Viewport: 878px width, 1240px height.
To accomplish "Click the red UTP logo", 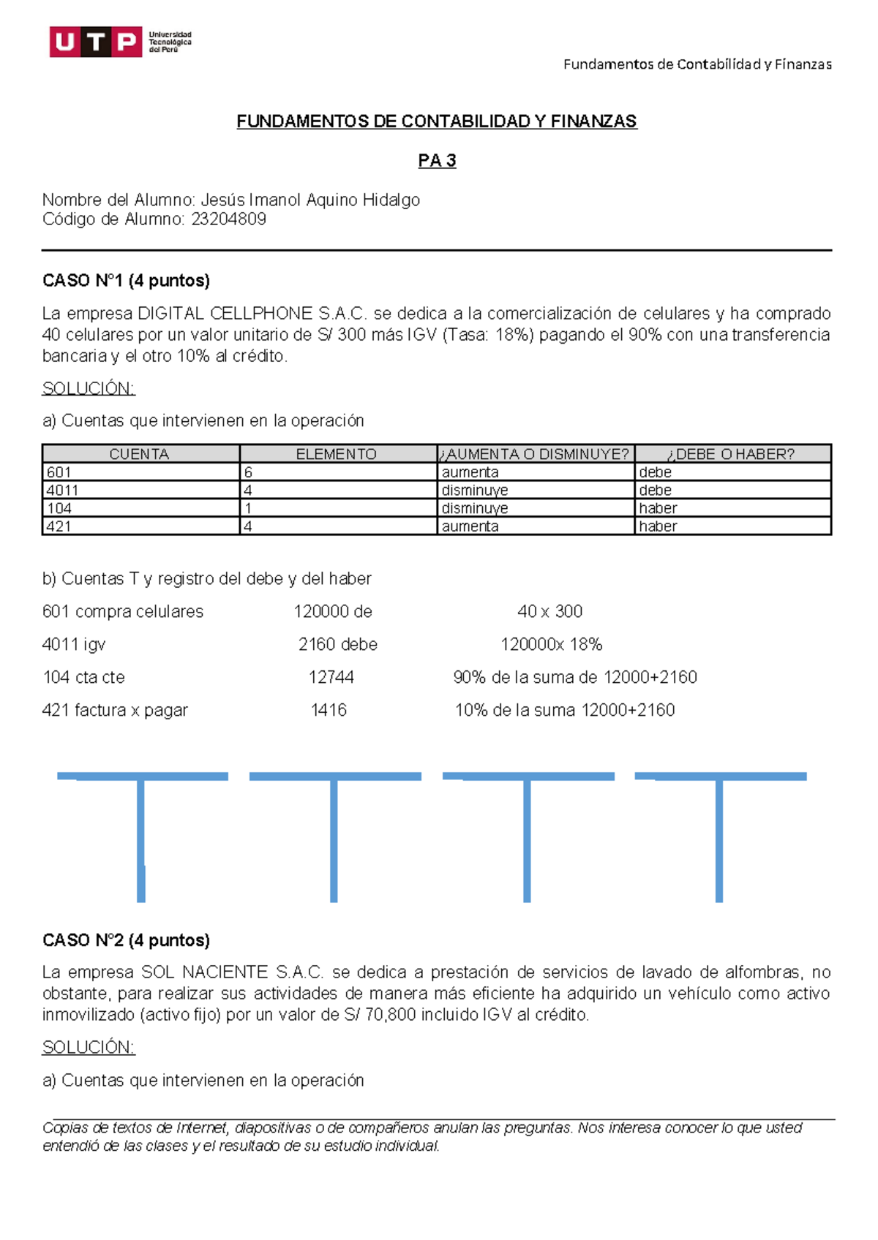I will click(96, 42).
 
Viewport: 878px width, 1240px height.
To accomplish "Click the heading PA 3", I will click(437, 161).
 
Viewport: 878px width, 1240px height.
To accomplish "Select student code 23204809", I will click(228, 219).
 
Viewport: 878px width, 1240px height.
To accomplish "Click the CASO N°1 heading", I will click(126, 281).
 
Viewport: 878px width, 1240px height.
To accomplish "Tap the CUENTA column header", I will click(139, 454).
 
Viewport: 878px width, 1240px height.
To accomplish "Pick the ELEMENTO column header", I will click(337, 454).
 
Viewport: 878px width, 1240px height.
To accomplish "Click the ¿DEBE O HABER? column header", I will click(732, 454).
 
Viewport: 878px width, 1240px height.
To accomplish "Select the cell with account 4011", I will click(63, 491).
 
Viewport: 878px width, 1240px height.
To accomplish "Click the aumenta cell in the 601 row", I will click(470, 472).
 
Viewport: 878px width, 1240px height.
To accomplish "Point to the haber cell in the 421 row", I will click(658, 526).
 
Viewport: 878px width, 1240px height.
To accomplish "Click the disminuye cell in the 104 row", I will click(475, 508).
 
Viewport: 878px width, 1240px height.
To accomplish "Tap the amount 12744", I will click(331, 678).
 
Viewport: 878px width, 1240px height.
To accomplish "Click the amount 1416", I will click(329, 711).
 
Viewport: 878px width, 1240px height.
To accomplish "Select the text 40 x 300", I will click(550, 612).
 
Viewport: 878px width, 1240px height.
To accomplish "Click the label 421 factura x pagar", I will click(115, 711).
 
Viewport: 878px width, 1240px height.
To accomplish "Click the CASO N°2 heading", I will click(126, 940).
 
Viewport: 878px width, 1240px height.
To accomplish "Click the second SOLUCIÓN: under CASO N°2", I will click(89, 1048).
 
